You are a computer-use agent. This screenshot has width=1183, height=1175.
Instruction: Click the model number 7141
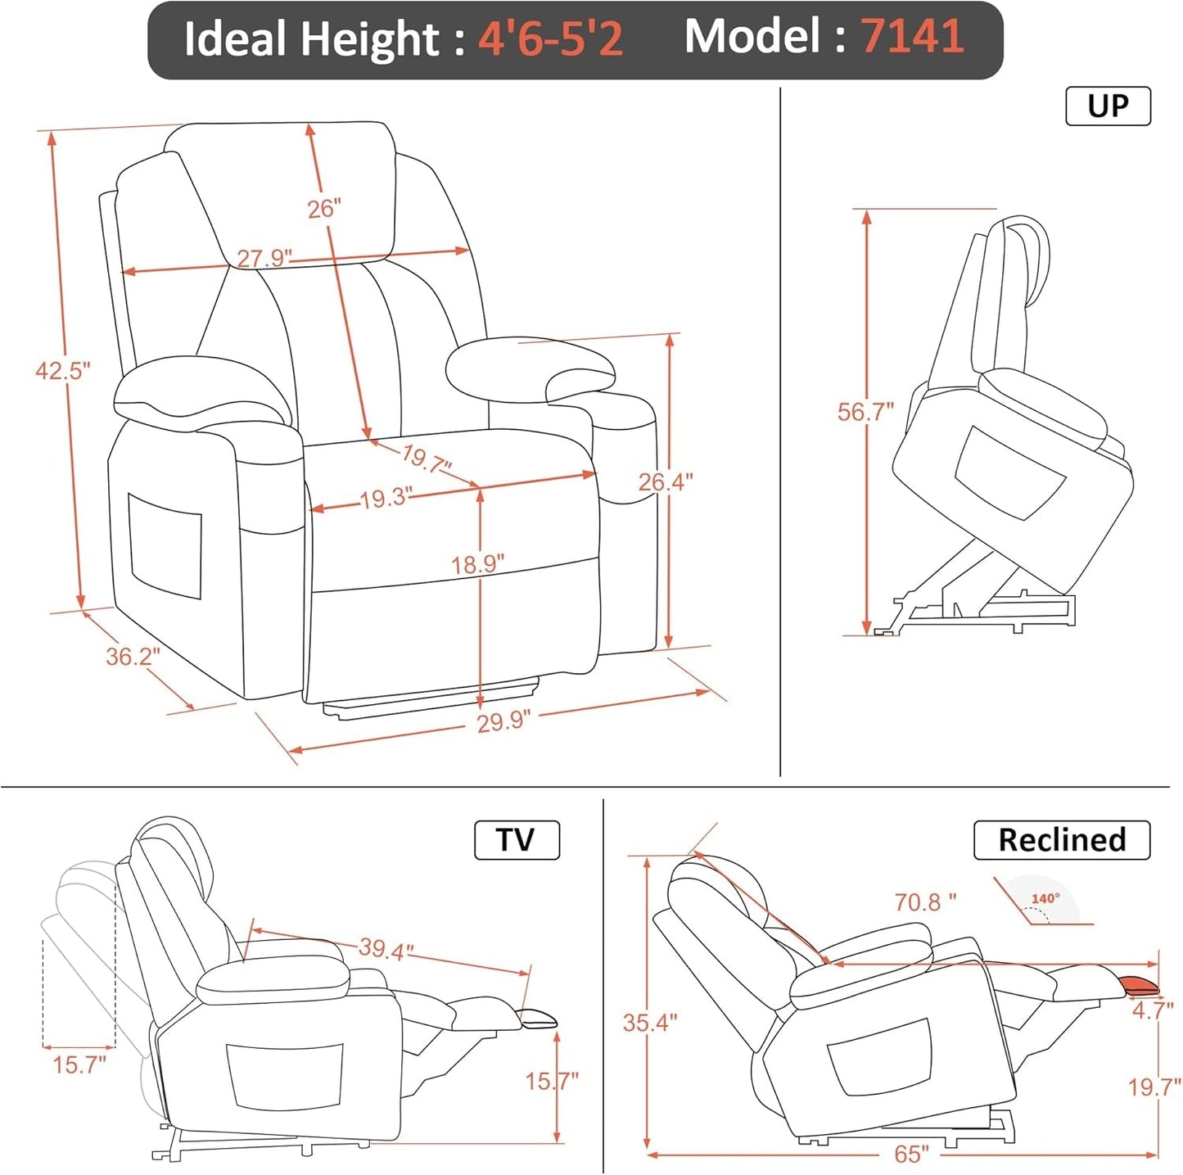[911, 37]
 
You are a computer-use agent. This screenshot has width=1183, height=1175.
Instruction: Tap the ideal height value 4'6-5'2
[550, 38]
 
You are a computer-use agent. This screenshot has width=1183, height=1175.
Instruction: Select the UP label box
[1108, 106]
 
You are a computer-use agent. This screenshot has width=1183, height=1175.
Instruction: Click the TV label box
[517, 840]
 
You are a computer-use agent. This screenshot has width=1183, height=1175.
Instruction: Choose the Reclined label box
[1062, 840]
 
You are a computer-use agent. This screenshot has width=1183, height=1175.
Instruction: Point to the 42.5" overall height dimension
[62, 371]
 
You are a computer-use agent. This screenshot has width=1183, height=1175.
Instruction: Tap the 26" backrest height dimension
[323, 209]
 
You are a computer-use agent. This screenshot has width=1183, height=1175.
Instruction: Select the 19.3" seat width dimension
[386, 498]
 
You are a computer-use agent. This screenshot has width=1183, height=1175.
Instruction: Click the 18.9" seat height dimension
[477, 564]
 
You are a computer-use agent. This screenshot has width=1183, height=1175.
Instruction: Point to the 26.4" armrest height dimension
[665, 481]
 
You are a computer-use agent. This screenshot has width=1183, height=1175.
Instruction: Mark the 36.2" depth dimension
[133, 656]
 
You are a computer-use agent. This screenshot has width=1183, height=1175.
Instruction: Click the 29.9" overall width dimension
[503, 721]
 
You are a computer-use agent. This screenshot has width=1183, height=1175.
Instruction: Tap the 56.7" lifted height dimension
[865, 412]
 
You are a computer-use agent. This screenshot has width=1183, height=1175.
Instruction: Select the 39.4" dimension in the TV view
[386, 950]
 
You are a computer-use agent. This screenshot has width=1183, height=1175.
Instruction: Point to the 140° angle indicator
[1045, 899]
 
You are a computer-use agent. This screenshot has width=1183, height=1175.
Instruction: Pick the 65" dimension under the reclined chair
[911, 1155]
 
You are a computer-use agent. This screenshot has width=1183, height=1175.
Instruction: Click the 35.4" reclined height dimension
[649, 1023]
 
